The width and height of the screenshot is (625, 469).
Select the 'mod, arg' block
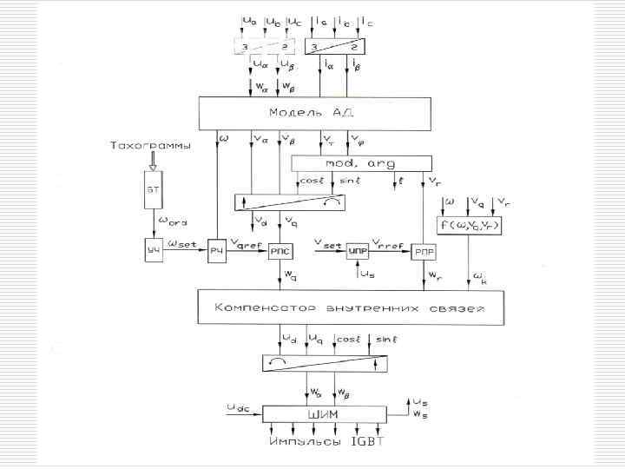click(361, 163)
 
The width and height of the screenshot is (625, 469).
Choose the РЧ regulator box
click(217, 251)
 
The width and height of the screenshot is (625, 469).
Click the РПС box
click(281, 251)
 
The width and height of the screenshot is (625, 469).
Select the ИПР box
click(359, 251)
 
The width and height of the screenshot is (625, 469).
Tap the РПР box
click(424, 251)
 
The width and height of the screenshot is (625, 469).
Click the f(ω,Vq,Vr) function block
click(472, 227)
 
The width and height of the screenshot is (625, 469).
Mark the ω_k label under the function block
click(480, 280)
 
